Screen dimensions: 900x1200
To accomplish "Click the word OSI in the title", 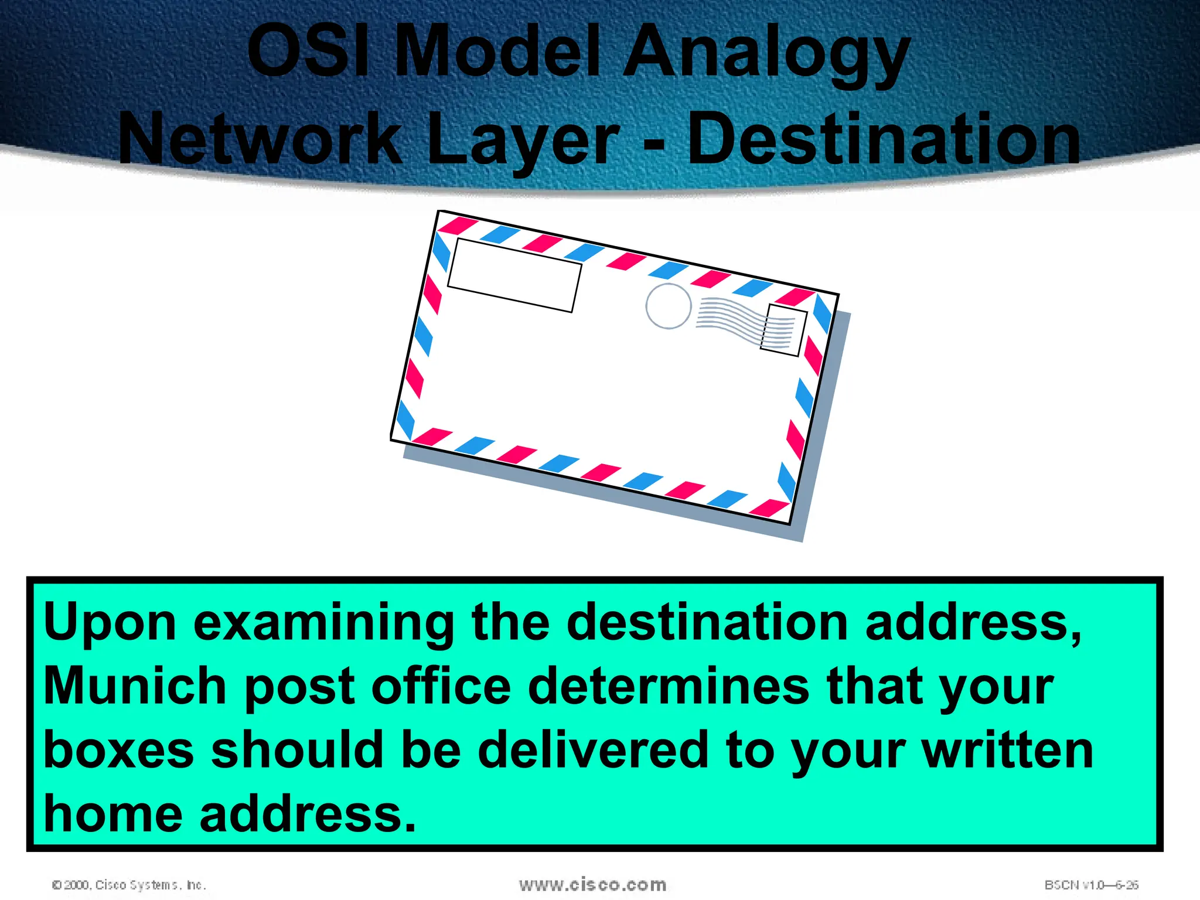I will [x=309, y=51].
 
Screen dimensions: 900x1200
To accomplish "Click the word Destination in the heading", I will [x=884, y=139].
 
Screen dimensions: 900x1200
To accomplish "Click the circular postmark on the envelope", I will [x=668, y=306].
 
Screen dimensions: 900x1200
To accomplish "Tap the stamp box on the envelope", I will [x=783, y=330].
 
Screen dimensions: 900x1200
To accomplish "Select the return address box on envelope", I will [x=514, y=275].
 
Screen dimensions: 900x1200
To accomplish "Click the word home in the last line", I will [x=113, y=814].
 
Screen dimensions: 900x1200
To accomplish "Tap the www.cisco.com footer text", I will [x=592, y=884].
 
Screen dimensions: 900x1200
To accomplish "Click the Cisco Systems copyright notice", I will [x=129, y=885].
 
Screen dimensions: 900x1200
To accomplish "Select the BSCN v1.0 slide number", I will [x=1091, y=885].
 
